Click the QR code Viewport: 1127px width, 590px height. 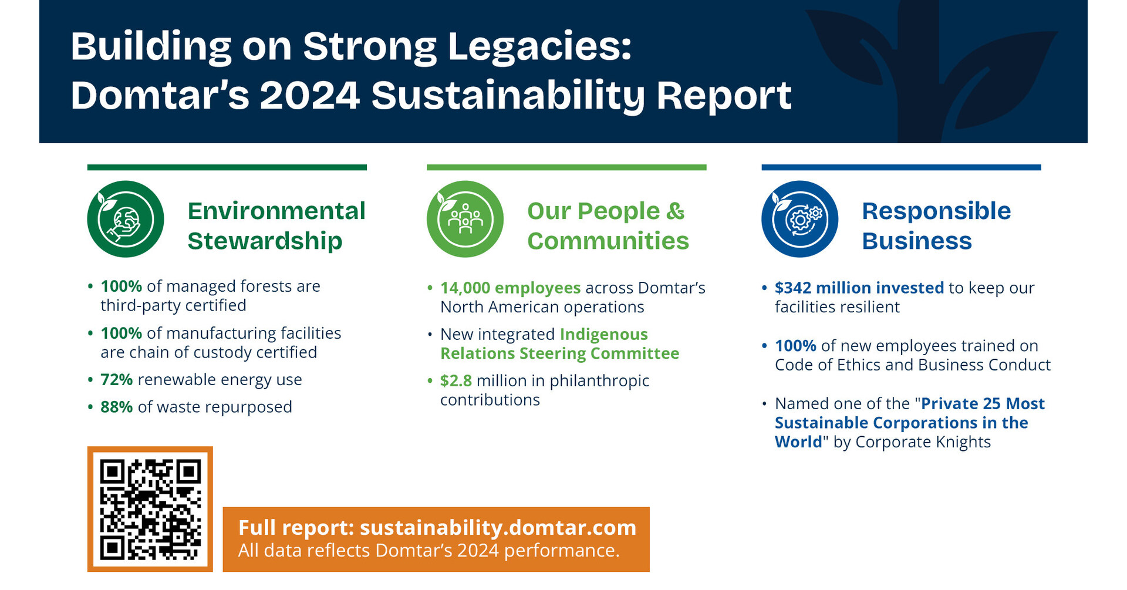(x=150, y=509)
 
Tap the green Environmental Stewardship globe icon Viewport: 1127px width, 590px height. (x=126, y=219)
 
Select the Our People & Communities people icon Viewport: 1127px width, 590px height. (x=465, y=219)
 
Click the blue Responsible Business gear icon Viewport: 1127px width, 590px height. (x=799, y=219)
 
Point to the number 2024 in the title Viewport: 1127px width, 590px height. (x=309, y=96)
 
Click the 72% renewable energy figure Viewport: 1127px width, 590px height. (x=116, y=380)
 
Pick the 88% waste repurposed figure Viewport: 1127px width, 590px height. (x=116, y=407)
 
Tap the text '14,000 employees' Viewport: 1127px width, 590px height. (x=510, y=288)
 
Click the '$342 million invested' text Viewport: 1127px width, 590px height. (x=859, y=288)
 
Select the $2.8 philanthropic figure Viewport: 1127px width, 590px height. (x=456, y=381)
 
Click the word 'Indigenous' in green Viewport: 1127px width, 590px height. (x=603, y=335)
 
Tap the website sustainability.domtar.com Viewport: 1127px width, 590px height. (x=498, y=528)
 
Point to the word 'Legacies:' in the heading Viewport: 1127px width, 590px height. (x=539, y=46)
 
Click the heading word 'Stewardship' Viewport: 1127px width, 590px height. (x=265, y=241)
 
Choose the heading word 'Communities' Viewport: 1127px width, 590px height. (x=608, y=241)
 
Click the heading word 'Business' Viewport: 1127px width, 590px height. (x=916, y=241)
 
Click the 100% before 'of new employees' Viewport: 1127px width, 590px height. (x=795, y=346)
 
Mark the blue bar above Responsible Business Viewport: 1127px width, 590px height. (x=901, y=167)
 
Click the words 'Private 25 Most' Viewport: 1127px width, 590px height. (x=983, y=404)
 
